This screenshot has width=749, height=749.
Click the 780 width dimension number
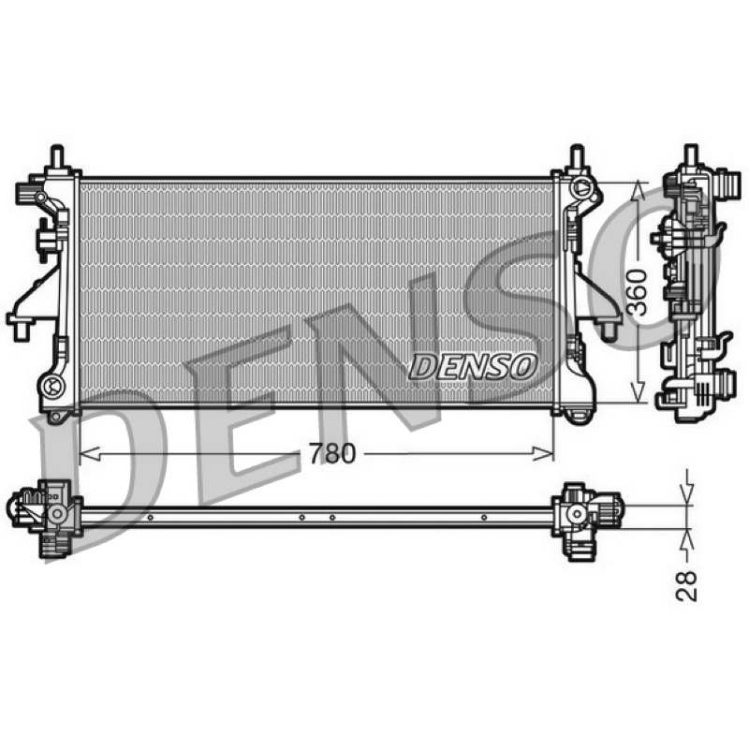[x=332, y=454]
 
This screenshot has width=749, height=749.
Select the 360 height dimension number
[x=637, y=292]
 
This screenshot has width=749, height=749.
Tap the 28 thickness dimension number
[x=686, y=586]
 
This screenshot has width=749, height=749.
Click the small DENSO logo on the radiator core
[x=473, y=366]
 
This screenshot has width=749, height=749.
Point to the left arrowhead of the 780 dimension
[x=89, y=454]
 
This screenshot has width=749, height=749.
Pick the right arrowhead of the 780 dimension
[x=543, y=454]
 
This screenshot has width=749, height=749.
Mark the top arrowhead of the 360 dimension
[x=638, y=192]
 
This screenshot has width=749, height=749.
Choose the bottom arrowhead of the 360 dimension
[x=638, y=391]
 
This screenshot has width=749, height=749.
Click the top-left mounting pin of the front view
[x=57, y=156]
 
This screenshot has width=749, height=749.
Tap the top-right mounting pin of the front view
[x=578, y=156]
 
